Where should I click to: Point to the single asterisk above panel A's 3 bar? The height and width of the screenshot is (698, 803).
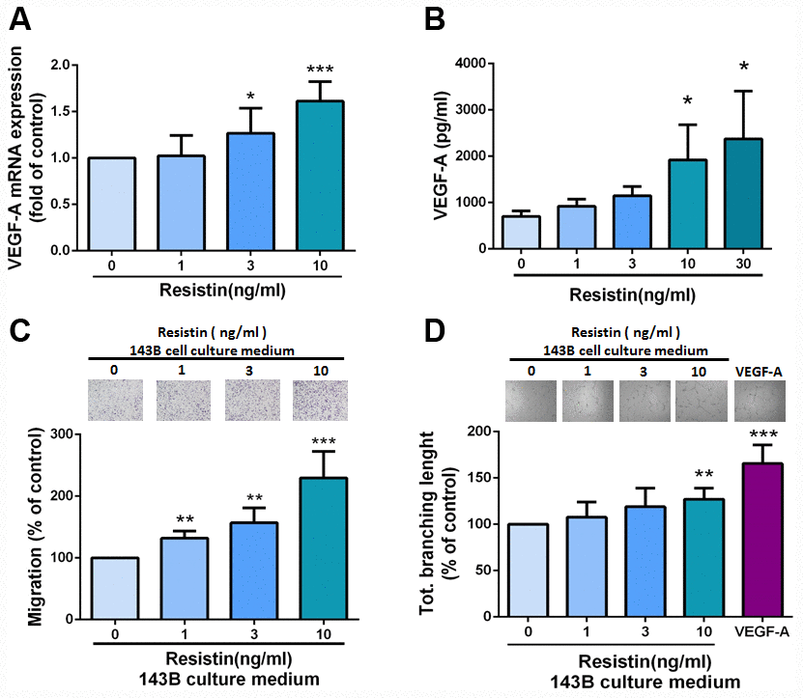pos(251,97)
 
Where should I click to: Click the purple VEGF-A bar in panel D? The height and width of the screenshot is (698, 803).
pos(760,540)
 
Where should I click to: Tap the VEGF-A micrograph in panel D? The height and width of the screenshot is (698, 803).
pos(760,400)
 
